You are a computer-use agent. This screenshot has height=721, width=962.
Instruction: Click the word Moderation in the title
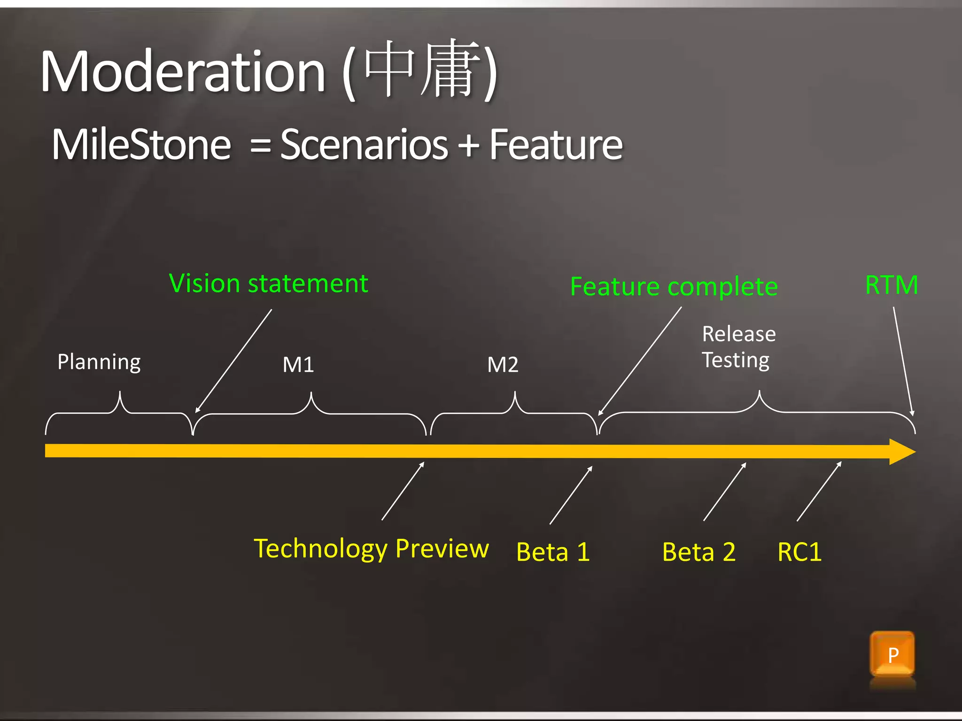coord(183,72)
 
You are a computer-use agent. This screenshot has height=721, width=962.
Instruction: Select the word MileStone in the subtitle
coord(141,145)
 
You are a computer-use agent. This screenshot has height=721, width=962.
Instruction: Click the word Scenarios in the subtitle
coord(364,145)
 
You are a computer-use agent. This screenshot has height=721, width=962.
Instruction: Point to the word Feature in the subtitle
coord(556,145)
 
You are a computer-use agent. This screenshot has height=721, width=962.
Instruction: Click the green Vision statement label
coord(268,284)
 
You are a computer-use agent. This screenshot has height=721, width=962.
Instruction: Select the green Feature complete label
coord(674,286)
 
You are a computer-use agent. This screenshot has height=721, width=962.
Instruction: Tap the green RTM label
coord(891,285)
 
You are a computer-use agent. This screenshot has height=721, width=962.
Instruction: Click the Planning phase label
coord(99,362)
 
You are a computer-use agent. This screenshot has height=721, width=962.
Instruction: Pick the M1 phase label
coord(298,365)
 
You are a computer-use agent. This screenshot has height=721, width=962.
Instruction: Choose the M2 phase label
coord(503,365)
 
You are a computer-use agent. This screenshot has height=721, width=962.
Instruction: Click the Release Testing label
coord(738,347)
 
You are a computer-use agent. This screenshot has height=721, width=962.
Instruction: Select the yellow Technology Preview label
coord(371,549)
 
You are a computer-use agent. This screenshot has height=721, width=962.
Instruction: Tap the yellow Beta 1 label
coord(553,552)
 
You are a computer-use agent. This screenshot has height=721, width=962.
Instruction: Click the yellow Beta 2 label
coord(698,552)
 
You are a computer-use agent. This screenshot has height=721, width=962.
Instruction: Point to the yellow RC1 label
coord(799,552)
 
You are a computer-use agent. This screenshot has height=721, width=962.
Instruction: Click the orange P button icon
coord(892,654)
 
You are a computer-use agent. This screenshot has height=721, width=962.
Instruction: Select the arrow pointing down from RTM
coord(903,361)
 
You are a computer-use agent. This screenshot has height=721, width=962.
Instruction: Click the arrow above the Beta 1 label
coord(571,495)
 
